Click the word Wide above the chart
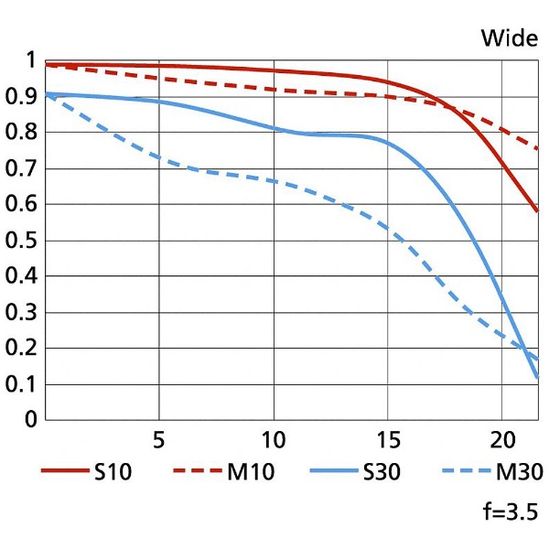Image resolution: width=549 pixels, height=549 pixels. [x=510, y=38]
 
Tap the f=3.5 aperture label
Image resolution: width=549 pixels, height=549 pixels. [x=511, y=511]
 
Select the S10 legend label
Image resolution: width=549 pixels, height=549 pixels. [x=113, y=471]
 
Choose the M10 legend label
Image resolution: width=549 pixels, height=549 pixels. [x=251, y=471]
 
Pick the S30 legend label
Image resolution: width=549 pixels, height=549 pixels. [x=382, y=471]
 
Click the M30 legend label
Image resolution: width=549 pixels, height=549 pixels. [x=519, y=471]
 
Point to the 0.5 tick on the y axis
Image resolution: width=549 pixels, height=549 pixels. [x=21, y=240]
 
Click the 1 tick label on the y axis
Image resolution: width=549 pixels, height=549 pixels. [x=31, y=59]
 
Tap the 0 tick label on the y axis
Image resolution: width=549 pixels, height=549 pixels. [x=31, y=419]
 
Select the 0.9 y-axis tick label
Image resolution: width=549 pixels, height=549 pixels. [x=21, y=96]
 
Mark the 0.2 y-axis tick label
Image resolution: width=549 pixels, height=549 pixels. [x=21, y=348]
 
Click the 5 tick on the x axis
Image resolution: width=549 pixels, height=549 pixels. [x=158, y=439]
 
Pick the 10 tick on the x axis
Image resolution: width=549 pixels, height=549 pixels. [x=274, y=439]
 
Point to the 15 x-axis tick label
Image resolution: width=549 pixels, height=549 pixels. [x=388, y=439]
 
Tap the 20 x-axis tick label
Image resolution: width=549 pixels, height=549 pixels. [x=502, y=439]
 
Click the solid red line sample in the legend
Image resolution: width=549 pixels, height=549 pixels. [x=65, y=470]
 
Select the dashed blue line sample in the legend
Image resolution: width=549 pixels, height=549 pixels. [x=467, y=470]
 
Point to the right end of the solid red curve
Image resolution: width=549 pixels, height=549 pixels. [x=537, y=210]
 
